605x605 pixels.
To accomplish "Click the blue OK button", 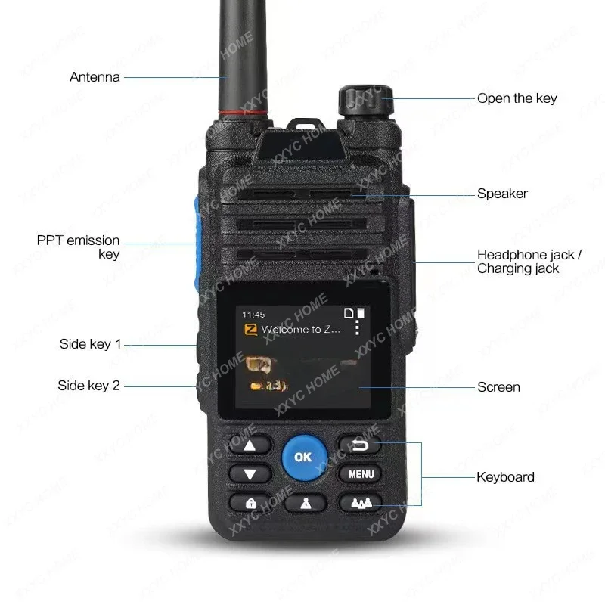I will pyautogui.click(x=302, y=457).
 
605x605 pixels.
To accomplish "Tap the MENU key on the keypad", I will pyautogui.click(x=361, y=475).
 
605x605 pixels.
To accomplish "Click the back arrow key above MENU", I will pyautogui.click(x=360, y=445).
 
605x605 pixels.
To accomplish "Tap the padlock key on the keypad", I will pyautogui.click(x=250, y=503).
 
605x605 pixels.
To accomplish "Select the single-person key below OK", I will pyautogui.click(x=305, y=503).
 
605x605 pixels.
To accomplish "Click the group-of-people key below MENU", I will pyautogui.click(x=361, y=503).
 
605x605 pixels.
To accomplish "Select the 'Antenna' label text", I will pyautogui.click(x=95, y=77).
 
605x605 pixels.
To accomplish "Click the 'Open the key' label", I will pyautogui.click(x=517, y=98).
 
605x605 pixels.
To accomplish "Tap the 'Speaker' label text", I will pyautogui.click(x=502, y=194).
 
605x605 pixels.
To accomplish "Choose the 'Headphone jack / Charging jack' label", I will pyautogui.click(x=529, y=262).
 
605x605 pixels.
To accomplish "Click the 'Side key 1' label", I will pyautogui.click(x=90, y=344).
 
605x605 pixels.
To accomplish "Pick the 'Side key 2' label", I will pyautogui.click(x=88, y=386).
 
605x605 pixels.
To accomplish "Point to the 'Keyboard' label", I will pyautogui.click(x=505, y=477).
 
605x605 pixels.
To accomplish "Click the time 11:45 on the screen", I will pyautogui.click(x=253, y=314).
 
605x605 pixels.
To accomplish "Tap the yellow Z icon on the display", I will pyautogui.click(x=249, y=330).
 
